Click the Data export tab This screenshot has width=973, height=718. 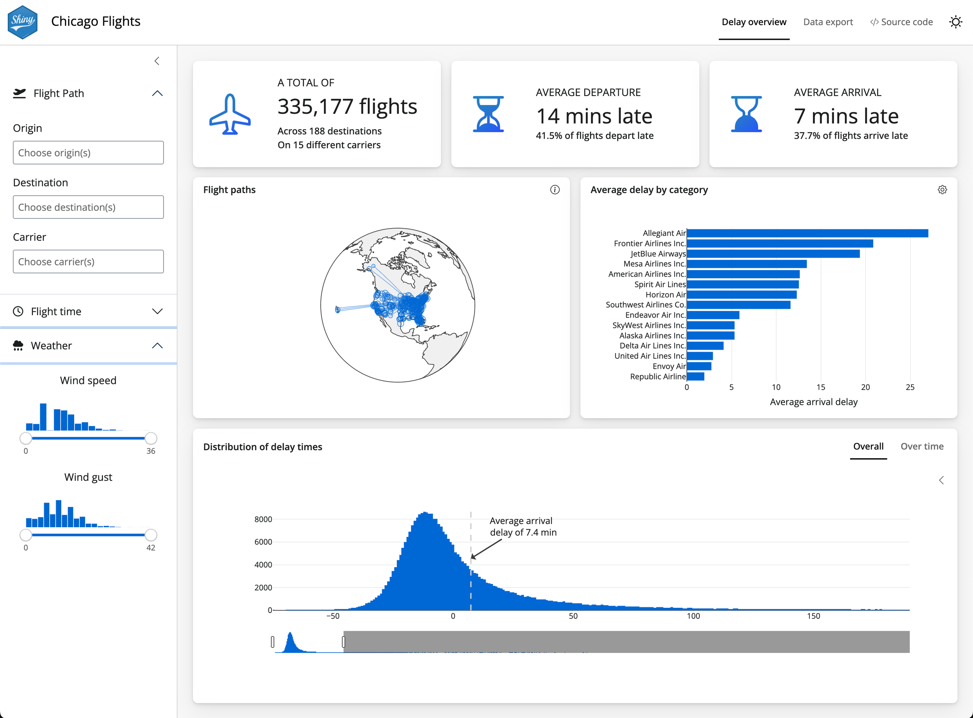[x=827, y=22]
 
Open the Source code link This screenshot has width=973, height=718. [x=901, y=22]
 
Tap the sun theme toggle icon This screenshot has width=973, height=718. [x=955, y=22]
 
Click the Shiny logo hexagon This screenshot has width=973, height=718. [x=23, y=22]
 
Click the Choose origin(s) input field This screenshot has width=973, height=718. [x=88, y=152]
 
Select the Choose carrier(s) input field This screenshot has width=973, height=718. [x=88, y=262]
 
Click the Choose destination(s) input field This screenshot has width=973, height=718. [x=88, y=207]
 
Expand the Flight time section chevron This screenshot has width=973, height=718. [x=157, y=311]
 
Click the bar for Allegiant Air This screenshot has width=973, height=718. [x=807, y=233]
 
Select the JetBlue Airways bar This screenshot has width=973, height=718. [x=773, y=254]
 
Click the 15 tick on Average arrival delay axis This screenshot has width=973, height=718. [x=821, y=387]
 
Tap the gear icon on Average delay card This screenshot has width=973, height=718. [x=942, y=190]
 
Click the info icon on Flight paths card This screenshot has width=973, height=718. [x=555, y=190]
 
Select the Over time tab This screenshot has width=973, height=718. [x=922, y=447]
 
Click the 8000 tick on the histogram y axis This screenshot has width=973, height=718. [x=263, y=519]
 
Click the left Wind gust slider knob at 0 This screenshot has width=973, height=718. [x=26, y=535]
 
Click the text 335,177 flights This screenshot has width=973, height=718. [x=347, y=107]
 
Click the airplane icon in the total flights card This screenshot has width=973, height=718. [x=229, y=114]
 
